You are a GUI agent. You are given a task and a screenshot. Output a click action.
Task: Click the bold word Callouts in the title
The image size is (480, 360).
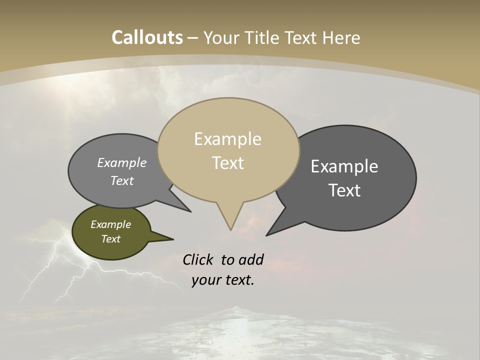tap(147, 37)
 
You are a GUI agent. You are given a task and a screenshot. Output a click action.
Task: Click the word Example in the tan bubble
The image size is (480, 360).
tap(227, 139)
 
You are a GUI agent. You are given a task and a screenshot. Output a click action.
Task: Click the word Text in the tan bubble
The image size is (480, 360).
tap(228, 163)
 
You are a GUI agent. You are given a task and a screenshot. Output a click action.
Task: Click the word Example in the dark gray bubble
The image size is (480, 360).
tap(344, 166)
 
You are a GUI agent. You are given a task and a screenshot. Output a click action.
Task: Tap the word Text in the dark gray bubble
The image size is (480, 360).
tap(345, 190)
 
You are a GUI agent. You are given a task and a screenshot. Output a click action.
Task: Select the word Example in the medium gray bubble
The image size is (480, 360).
tap(122, 163)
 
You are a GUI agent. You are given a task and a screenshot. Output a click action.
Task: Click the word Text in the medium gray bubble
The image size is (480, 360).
tap(122, 181)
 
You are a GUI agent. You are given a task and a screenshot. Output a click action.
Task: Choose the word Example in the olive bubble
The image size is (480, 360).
tap(110, 224)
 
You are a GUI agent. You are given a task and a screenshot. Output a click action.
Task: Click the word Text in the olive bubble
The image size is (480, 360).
tap(111, 239)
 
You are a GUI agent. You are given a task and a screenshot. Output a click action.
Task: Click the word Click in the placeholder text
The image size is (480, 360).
tap(198, 259)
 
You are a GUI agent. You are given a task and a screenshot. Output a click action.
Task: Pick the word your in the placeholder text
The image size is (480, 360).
tap(205, 280)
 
